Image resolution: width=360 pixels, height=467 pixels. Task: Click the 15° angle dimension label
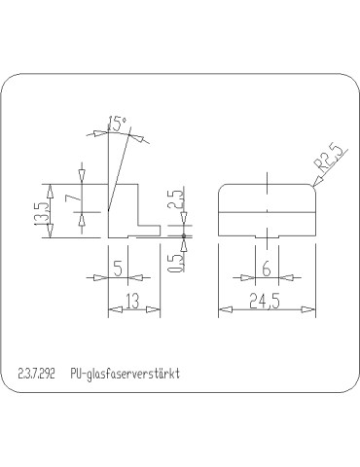coord(118,124)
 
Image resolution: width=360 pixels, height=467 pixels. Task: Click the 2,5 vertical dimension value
coord(173,202)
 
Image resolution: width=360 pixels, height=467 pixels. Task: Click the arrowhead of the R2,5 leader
coord(312,185)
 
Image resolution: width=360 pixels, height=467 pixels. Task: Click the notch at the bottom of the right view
coord(266,235)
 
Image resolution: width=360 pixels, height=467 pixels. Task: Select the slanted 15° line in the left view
coord(117,170)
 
